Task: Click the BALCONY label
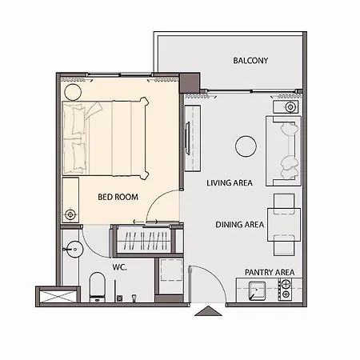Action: click(x=250, y=61)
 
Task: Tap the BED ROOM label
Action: click(x=118, y=197)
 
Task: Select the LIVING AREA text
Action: click(x=230, y=183)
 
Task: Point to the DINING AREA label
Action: click(x=240, y=225)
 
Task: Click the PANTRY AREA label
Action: click(x=270, y=272)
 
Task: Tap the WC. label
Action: click(x=120, y=267)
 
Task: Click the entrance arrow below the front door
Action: click(x=208, y=311)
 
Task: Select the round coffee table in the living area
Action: click(x=246, y=146)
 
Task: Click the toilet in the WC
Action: click(x=97, y=287)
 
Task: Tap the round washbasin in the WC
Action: click(x=74, y=250)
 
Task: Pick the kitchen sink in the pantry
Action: click(x=257, y=290)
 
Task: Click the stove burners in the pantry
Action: click(x=286, y=290)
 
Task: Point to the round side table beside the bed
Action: click(x=73, y=92)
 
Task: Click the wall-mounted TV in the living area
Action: click(x=188, y=138)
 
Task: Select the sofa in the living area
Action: click(x=283, y=151)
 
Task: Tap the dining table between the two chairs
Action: click(x=284, y=225)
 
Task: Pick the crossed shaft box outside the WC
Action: click(x=58, y=297)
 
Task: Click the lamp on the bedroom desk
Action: click(x=70, y=214)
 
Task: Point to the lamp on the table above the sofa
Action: click(x=290, y=107)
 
